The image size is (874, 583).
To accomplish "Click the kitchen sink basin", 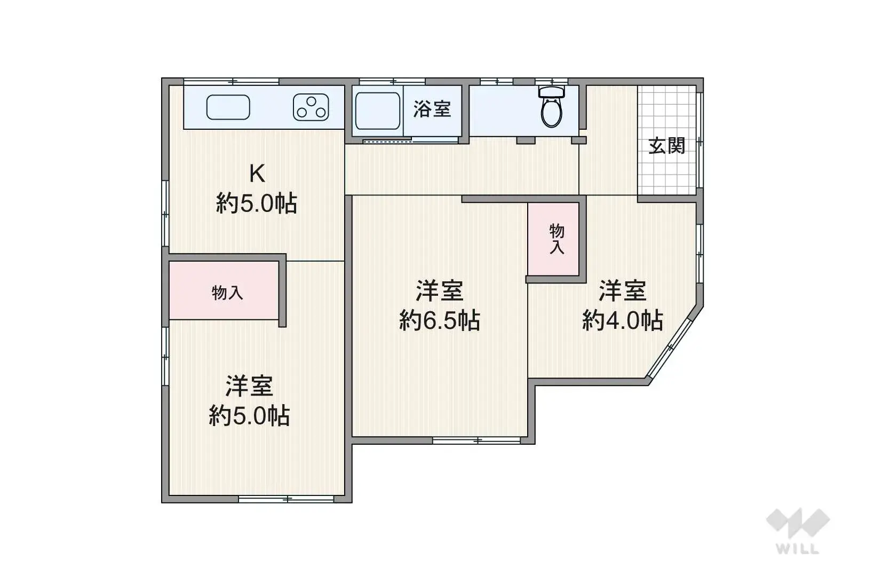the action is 228,107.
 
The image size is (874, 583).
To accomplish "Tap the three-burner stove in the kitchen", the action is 311,107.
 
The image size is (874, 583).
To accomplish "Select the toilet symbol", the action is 551,106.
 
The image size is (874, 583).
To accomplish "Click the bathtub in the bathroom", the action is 377,111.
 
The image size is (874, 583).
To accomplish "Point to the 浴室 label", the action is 432,109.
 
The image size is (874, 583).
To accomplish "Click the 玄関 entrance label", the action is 667,146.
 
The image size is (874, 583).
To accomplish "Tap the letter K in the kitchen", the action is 257,174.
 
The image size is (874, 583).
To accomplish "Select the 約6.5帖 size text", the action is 439,320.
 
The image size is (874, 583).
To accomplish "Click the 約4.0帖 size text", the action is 622,320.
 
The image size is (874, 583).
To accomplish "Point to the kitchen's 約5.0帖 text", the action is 256,203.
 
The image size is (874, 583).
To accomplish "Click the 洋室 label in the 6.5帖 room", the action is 439,290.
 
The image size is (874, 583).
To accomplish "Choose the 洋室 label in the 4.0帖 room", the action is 622,290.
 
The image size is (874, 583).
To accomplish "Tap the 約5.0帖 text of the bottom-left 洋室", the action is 249,416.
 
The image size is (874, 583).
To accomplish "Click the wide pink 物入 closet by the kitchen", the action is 224,290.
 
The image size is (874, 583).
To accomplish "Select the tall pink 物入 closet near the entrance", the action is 553,239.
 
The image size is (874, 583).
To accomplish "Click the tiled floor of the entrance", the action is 667,140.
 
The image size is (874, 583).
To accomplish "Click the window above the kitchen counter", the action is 232,82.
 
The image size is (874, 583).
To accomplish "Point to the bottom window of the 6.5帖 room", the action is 476,440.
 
